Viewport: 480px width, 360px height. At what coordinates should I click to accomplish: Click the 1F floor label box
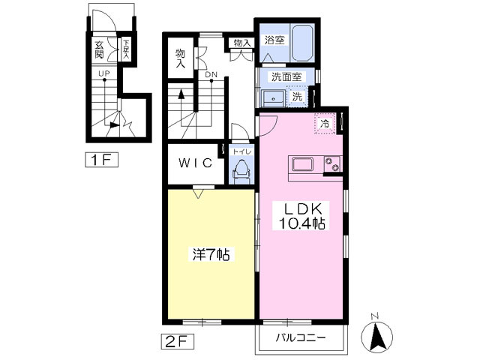point(102,160)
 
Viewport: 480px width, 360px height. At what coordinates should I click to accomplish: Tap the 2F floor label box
point(178,342)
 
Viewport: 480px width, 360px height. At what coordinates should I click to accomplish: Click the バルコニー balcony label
point(301,338)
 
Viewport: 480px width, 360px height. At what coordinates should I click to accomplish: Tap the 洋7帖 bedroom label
point(211,254)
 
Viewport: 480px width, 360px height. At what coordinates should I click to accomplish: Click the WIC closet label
point(195,163)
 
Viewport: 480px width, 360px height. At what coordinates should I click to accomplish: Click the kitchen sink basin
point(302,165)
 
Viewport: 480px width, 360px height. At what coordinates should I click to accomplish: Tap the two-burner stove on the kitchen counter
point(331,163)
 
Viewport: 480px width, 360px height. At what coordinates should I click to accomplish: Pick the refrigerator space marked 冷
point(325,123)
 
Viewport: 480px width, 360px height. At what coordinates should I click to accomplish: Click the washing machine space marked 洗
point(297,97)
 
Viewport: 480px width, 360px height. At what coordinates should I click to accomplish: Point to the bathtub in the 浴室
point(301,43)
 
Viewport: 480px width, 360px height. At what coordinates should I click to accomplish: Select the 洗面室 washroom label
point(286,76)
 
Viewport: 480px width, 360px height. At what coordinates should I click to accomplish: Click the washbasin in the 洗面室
point(273,98)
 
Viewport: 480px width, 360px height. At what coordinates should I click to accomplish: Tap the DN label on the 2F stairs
point(211,74)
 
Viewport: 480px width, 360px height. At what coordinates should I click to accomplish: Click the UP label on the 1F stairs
point(104,73)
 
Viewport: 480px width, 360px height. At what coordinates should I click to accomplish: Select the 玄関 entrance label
point(99,50)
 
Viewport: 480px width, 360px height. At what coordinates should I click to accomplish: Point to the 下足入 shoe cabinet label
point(126,49)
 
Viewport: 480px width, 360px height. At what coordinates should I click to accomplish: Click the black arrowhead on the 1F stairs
point(114,125)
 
